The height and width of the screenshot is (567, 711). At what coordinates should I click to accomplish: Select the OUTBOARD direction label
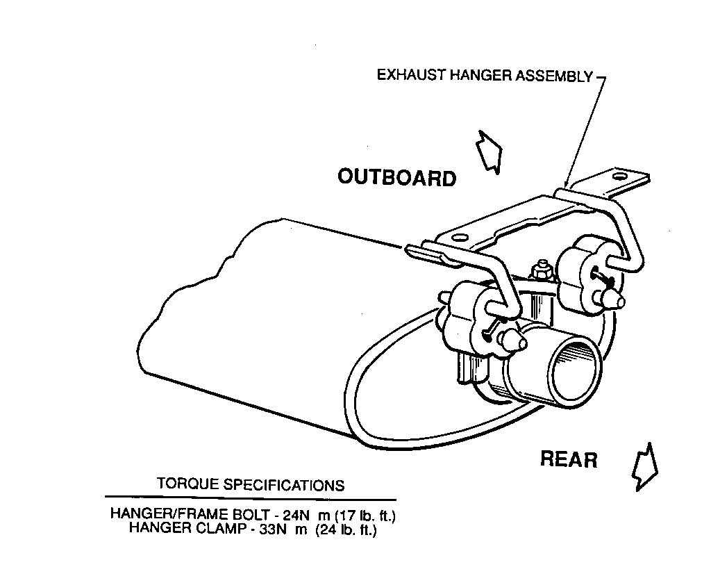[x=397, y=178]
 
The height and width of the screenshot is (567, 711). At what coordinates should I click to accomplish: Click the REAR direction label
[x=568, y=459]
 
